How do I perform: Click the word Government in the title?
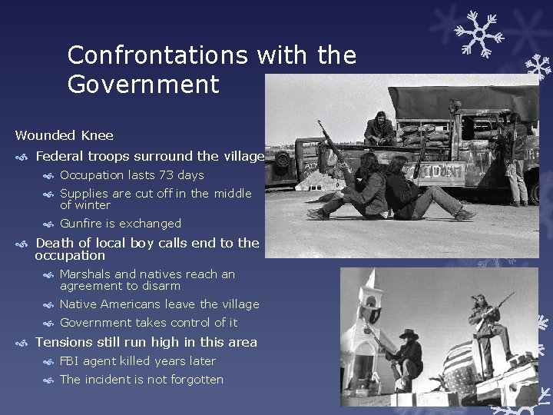pos(143,84)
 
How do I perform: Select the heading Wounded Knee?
pos(64,135)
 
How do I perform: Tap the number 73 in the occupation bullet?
pos(166,175)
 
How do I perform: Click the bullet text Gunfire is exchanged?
pos(121,224)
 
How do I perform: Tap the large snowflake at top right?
pos(478,32)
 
